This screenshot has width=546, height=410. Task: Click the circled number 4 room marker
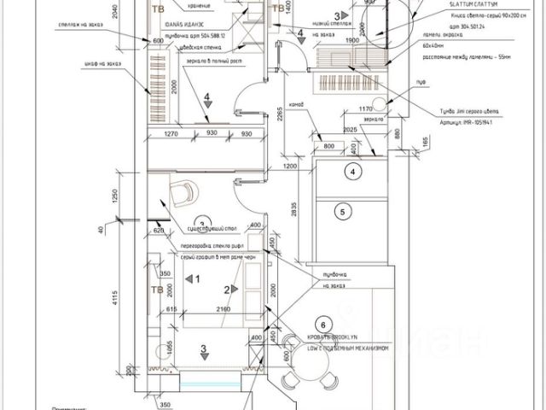[351, 171]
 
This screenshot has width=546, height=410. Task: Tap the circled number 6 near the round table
[322, 324]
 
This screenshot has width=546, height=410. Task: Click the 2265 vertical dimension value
[279, 114]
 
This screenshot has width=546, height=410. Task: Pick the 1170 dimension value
[368, 108]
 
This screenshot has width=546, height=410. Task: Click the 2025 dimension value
[349, 129]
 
